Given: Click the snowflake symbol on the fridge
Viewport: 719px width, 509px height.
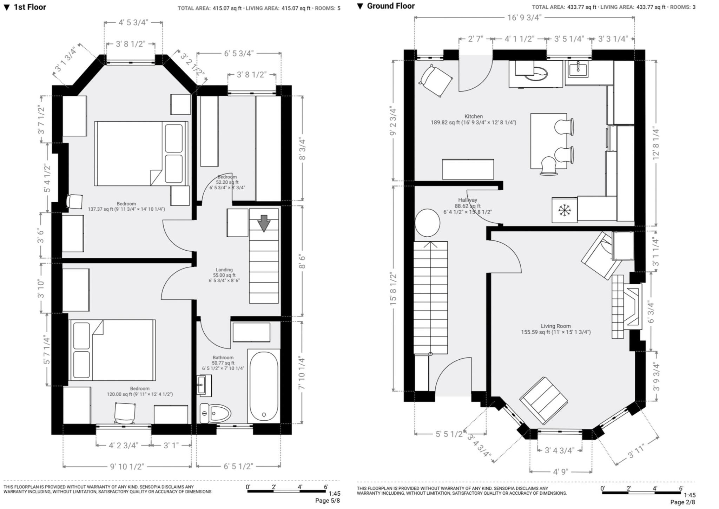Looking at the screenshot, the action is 565,210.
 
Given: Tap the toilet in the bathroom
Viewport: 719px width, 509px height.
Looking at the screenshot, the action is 215,414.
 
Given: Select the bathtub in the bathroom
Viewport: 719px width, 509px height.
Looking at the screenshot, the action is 264,386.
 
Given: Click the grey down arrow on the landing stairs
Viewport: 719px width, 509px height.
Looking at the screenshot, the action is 264,223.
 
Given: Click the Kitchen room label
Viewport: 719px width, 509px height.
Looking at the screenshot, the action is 474,116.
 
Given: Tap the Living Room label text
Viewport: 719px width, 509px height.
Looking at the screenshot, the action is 556,326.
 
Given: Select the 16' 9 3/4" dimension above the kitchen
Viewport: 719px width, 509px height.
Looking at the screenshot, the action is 524,18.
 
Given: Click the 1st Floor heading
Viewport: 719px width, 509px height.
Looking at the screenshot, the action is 30,7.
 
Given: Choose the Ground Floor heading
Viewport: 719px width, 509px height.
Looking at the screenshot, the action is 391,6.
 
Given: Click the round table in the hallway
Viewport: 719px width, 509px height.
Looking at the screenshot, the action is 427,223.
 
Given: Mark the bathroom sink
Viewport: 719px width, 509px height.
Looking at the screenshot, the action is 204,385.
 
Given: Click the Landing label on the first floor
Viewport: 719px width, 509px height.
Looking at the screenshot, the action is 224,270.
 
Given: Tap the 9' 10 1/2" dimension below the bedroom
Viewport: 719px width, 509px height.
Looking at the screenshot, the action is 127,467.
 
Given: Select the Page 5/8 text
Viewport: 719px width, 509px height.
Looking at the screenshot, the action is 328,501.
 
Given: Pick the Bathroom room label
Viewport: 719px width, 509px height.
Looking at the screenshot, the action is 223,358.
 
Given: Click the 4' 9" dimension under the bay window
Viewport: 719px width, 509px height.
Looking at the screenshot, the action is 560,472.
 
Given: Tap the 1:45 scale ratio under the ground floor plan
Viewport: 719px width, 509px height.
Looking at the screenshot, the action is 690,495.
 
